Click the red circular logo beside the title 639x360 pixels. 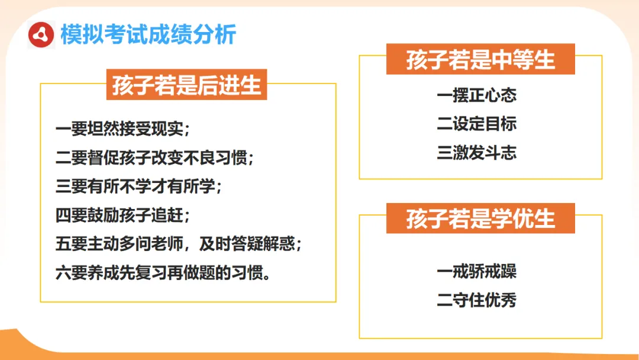pyautogui.click(x=41, y=35)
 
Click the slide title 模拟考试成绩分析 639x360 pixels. pyautogui.click(x=148, y=35)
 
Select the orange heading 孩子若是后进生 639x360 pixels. pyautogui.click(x=186, y=85)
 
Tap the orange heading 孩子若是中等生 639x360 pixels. pyautogui.click(x=480, y=60)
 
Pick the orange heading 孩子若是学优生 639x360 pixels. pyautogui.click(x=480, y=218)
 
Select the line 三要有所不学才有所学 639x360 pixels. pyautogui.click(x=139, y=187)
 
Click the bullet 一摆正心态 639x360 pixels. pyautogui.click(x=477, y=95)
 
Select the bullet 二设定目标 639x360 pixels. pyautogui.click(x=477, y=124)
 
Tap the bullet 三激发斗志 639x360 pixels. pyautogui.click(x=477, y=153)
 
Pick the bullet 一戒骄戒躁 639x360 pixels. pyautogui.click(x=477, y=272)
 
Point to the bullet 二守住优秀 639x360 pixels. pyautogui.click(x=477, y=300)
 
